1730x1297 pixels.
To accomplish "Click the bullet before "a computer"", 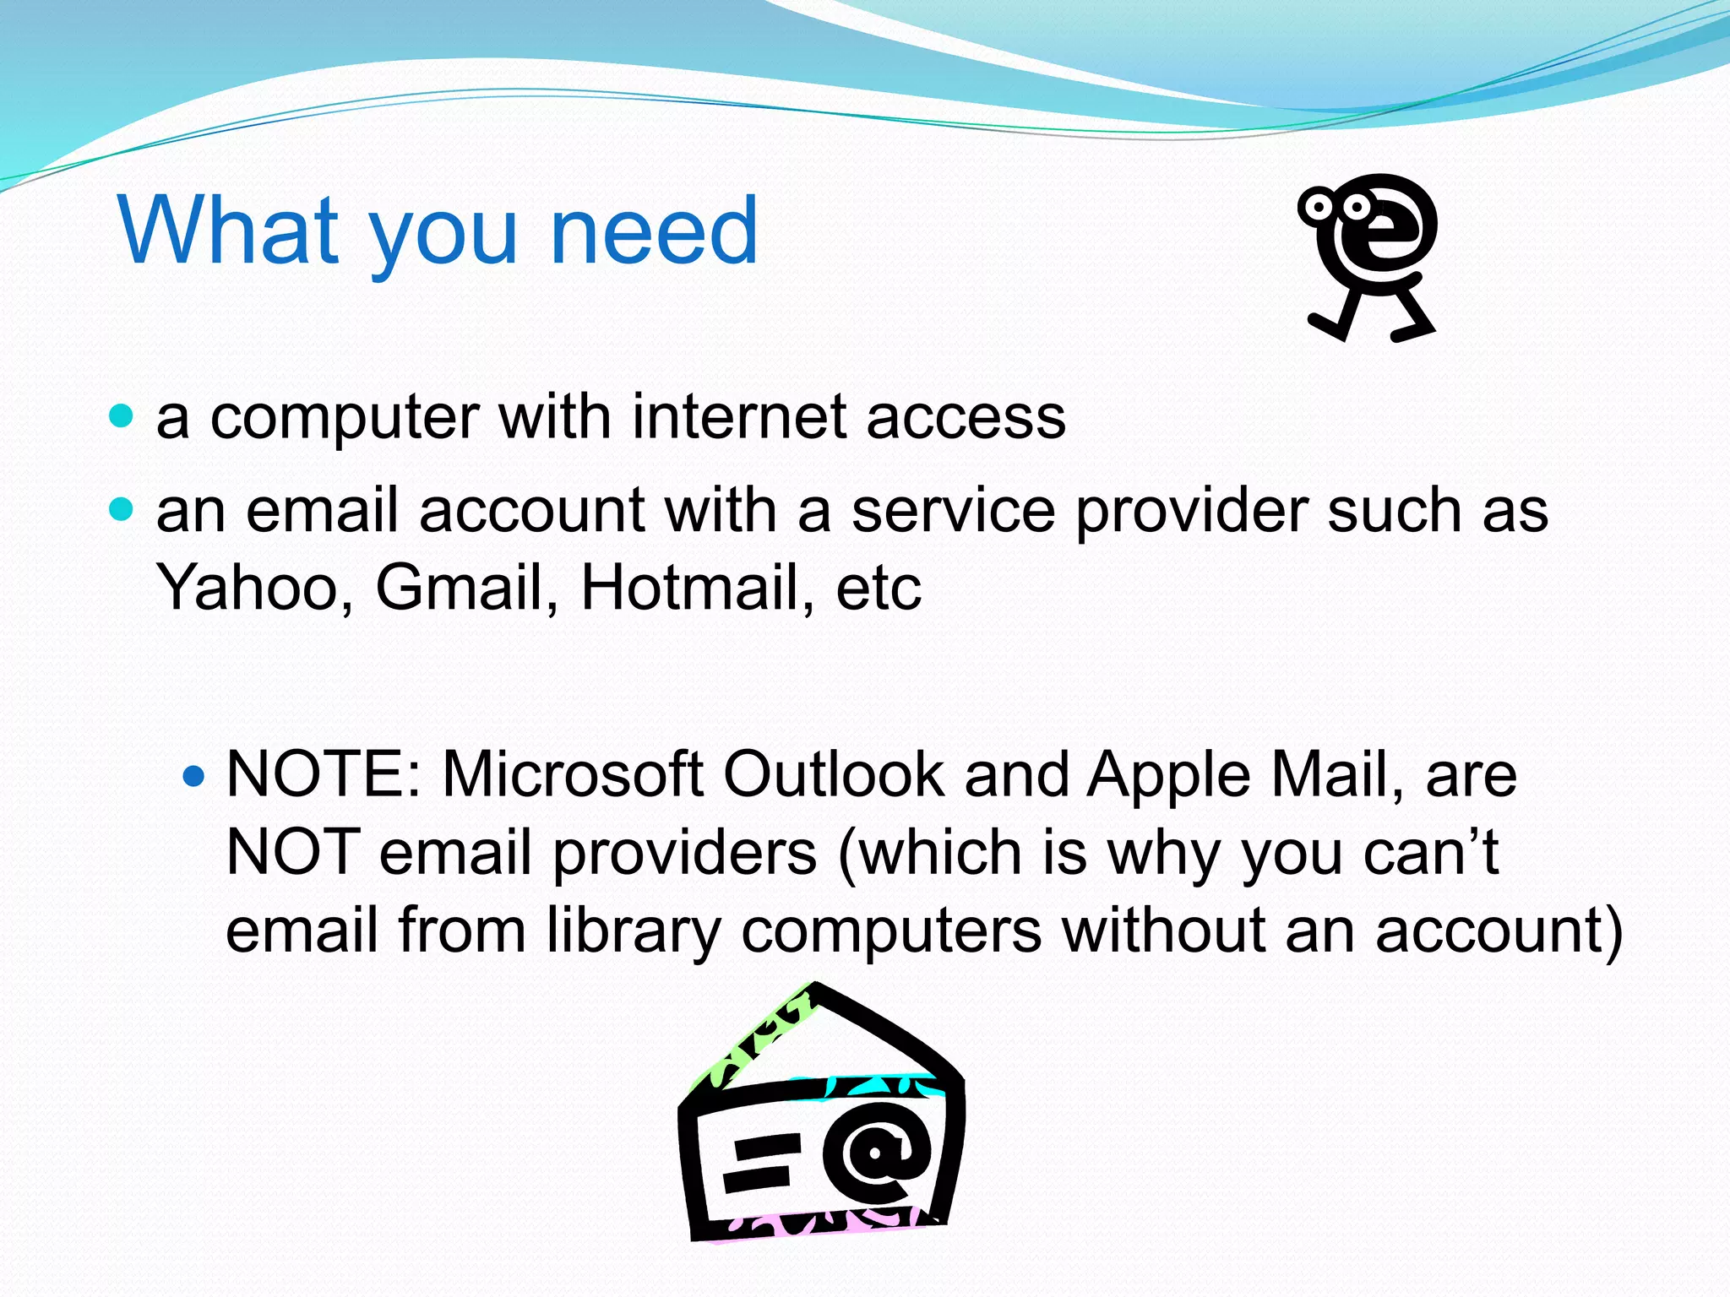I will coord(122,415).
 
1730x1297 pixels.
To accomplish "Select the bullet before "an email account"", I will coord(122,509).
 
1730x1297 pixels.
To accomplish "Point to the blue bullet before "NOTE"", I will coord(193,774).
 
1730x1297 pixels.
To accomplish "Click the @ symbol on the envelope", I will coord(876,1154).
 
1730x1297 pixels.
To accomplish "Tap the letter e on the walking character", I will coord(1394,229).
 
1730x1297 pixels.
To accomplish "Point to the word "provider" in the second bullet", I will coord(1192,511).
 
